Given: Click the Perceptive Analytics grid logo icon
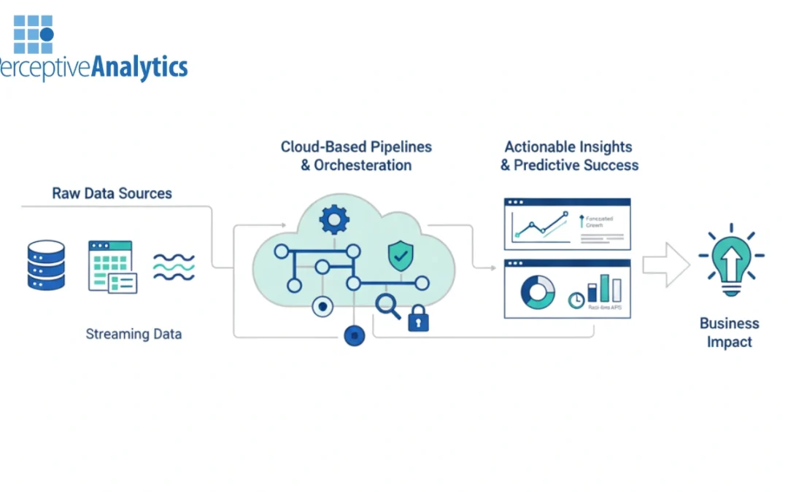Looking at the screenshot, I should coord(33,34).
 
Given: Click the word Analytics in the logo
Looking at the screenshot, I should coord(139,67).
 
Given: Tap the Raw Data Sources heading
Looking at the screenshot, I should coord(112,194).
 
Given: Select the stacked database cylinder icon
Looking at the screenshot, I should coord(46,266).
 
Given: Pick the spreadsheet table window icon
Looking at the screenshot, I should coord(112,267).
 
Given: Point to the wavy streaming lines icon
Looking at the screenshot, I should coord(174,268).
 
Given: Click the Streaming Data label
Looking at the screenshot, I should coord(134,335).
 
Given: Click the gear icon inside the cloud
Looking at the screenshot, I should coord(334,219).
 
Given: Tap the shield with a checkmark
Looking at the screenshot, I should coord(400,255).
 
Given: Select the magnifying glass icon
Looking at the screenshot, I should coord(387,306).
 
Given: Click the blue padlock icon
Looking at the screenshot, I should coord(418,319).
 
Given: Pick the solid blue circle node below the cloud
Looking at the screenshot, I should coord(354,335).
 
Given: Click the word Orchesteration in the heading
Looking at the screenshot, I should coord(363,165).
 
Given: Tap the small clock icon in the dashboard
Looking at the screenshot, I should coord(576,300).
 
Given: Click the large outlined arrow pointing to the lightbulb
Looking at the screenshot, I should coord(665,265).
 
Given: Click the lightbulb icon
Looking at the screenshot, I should coord(730,261).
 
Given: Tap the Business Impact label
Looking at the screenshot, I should coord(729,332).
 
